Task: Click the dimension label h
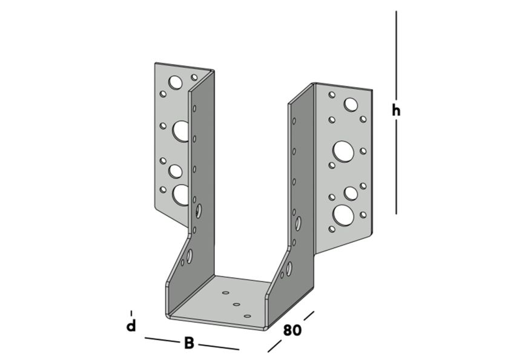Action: click(x=396, y=111)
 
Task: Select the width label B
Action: click(x=189, y=344)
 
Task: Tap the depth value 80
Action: click(x=292, y=330)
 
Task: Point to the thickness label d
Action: click(x=131, y=326)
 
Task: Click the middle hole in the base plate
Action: click(x=237, y=304)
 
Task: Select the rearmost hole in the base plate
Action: click(x=226, y=292)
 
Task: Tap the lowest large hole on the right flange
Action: click(x=343, y=214)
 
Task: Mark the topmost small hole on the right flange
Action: click(x=332, y=94)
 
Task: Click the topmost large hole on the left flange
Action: click(x=176, y=82)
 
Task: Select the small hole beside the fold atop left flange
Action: click(x=194, y=77)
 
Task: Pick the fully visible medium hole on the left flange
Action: click(x=176, y=171)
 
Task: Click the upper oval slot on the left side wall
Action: click(x=199, y=212)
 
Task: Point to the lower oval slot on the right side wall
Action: click(x=289, y=266)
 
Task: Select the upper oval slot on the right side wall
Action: click(x=299, y=223)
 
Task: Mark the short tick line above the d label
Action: click(x=131, y=313)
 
